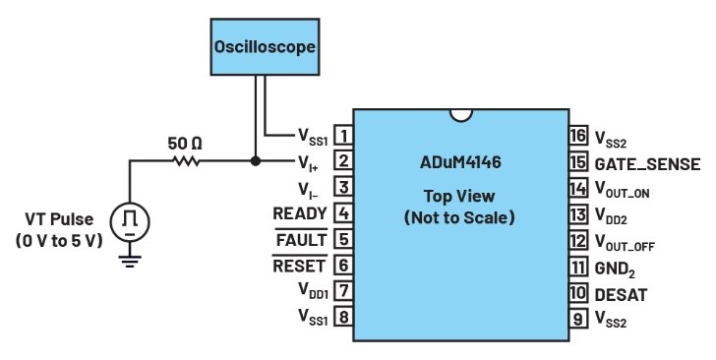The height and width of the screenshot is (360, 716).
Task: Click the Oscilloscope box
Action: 265,46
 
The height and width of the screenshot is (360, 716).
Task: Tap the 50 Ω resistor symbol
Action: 186,160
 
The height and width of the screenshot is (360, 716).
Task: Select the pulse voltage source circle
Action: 130,221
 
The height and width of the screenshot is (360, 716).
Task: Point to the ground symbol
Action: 130,261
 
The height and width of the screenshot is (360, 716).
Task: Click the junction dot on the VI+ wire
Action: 256,160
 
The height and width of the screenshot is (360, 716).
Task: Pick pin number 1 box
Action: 343,135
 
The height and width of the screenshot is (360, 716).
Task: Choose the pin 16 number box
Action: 578,135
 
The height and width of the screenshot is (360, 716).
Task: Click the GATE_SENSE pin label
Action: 647,164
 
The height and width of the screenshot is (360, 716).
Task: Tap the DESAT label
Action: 621,295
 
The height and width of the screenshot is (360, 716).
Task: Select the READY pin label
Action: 300,213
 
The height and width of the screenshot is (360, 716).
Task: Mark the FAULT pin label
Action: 301,239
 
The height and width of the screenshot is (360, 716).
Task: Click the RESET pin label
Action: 299,266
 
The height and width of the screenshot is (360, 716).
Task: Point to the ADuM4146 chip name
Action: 460,162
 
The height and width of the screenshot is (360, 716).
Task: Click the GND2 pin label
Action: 615,269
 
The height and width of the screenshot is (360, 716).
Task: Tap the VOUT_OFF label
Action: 625,242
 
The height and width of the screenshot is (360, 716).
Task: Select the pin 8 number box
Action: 343,317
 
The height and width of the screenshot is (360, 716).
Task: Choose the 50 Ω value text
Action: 185,144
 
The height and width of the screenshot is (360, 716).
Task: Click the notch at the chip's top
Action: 460,115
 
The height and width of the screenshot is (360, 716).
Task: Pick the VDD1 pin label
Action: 313,290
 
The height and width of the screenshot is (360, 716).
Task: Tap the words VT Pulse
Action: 59,219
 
